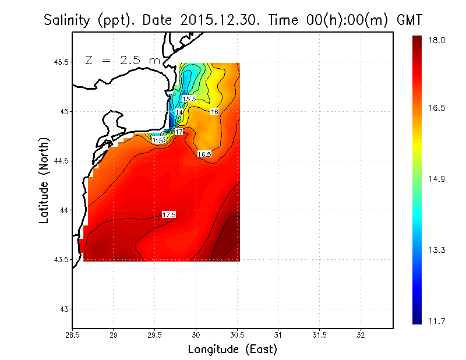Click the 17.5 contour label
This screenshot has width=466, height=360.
[169, 215]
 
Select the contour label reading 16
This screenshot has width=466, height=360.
[214, 111]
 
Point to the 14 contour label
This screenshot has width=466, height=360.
[179, 112]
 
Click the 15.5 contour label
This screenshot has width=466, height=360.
[189, 99]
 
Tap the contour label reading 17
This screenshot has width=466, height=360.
[179, 132]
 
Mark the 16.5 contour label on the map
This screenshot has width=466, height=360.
[204, 154]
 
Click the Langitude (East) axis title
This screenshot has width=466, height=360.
[232, 350]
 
